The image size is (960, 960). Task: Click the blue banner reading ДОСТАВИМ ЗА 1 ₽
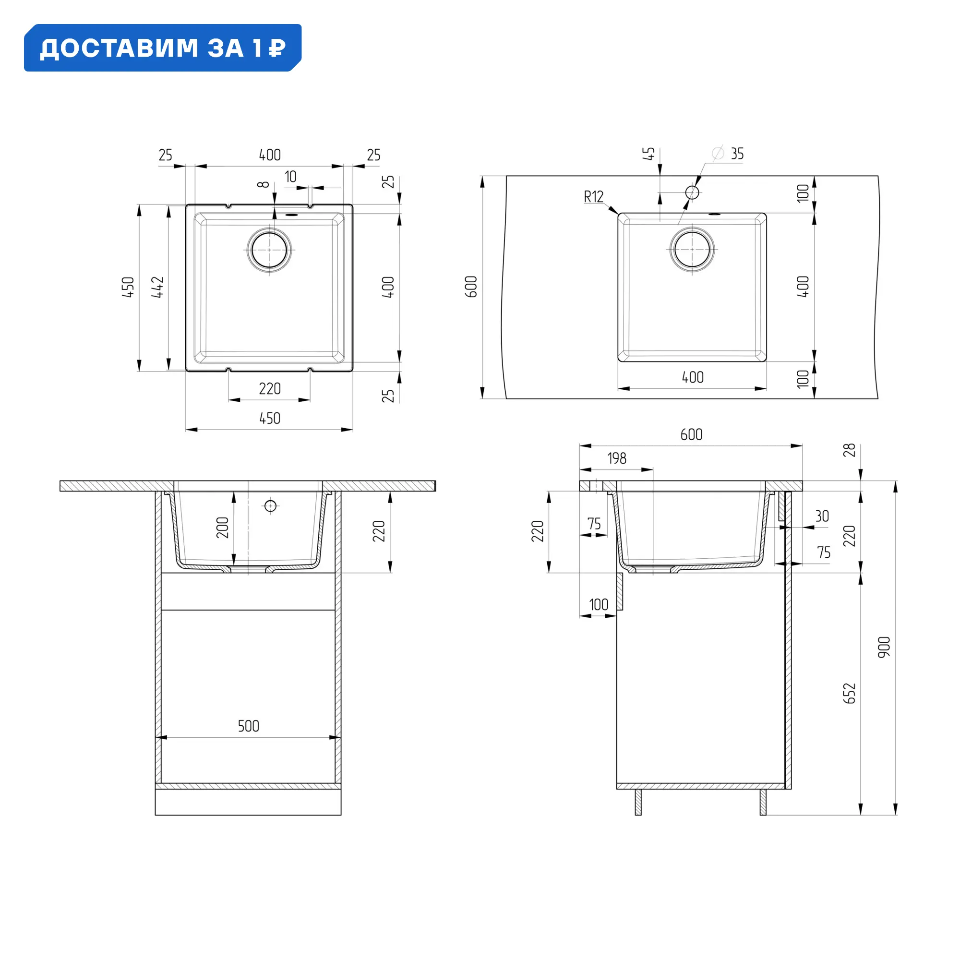pos(163,48)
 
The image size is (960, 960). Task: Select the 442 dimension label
pos(157,287)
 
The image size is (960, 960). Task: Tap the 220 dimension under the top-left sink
pos(269,389)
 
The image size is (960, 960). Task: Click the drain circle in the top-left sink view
pos(269,250)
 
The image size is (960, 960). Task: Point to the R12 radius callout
pos(593,197)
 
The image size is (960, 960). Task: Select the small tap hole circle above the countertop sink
pos(692,192)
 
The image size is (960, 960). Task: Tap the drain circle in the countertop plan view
pos(692,250)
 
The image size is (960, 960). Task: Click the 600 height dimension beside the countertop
pos(471,287)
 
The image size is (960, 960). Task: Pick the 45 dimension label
pos(648,154)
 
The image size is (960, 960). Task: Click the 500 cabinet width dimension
pos(249,726)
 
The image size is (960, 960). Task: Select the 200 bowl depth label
pos(222,528)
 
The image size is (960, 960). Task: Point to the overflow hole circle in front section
pos(270,506)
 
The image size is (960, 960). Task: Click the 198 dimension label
pos(617,458)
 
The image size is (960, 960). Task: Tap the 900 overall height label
pos(884,648)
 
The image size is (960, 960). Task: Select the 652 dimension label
pos(849,693)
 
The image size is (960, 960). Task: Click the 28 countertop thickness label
pos(849,450)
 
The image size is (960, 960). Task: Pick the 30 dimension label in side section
pos(822,516)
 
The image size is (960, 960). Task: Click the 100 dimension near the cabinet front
pos(598,605)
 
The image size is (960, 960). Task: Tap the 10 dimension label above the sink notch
pos(291,177)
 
